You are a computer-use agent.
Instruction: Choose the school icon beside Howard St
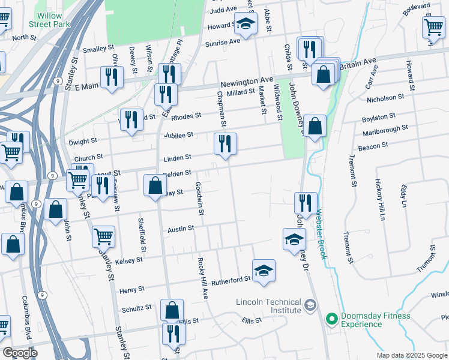245,24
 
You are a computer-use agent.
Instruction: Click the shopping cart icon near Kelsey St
103,236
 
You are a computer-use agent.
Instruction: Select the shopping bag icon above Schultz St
172,310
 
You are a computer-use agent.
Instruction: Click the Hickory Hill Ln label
378,199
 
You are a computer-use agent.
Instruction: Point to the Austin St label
181,229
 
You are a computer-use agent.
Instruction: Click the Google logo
20,353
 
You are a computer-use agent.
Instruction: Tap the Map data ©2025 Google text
412,355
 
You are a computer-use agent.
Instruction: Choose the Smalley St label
98,49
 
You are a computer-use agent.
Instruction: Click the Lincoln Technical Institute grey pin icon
310,305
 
